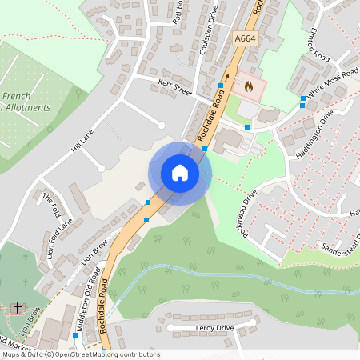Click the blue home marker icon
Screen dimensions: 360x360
[180, 173]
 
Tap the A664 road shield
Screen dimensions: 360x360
[245, 38]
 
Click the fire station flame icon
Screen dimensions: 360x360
[247, 83]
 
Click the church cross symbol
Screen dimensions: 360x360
[18, 307]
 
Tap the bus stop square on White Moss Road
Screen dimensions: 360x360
[302, 99]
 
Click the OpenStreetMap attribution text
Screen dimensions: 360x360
[80, 354]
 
